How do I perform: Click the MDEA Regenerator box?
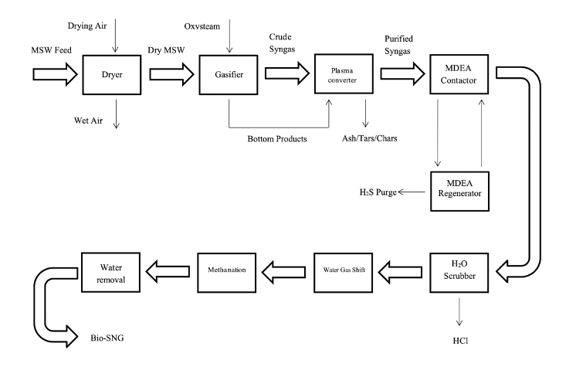click(459, 188)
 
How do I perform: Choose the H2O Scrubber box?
click(459, 271)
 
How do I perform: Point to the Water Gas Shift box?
click(343, 271)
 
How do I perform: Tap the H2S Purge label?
click(376, 192)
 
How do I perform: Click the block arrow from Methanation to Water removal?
click(171, 271)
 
